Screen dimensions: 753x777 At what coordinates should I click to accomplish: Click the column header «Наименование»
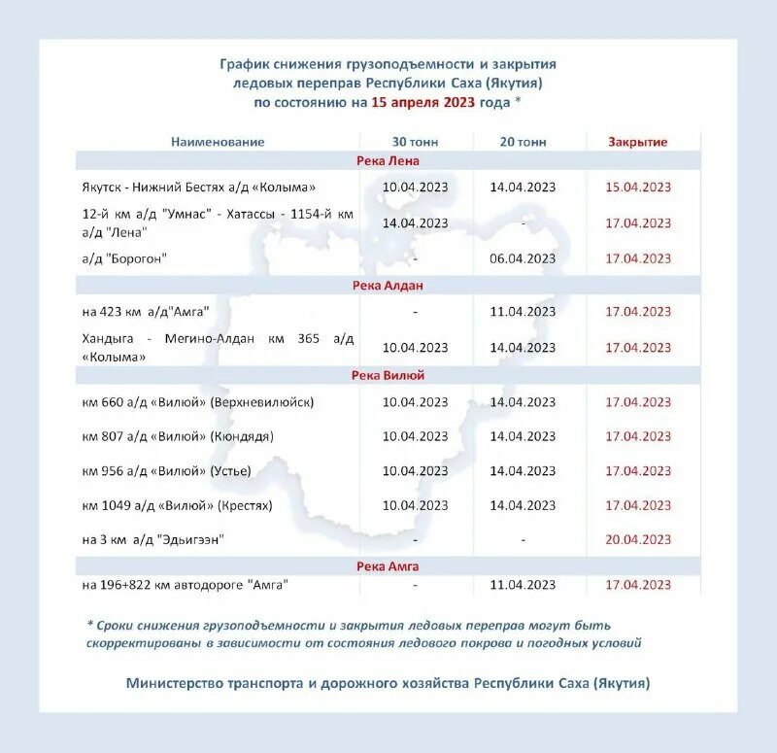click(x=218, y=142)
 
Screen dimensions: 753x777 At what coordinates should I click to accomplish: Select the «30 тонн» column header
click(x=415, y=142)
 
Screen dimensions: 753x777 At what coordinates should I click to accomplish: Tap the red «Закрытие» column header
click(x=638, y=142)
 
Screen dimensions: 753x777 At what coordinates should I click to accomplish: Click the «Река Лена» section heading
click(x=388, y=161)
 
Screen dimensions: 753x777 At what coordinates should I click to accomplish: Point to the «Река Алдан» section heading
click(x=388, y=286)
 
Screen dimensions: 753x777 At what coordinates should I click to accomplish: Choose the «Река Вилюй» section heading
click(x=388, y=375)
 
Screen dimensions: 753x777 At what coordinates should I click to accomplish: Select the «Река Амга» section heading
click(x=388, y=565)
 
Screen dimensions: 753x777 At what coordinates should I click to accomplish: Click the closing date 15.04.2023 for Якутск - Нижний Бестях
click(x=638, y=188)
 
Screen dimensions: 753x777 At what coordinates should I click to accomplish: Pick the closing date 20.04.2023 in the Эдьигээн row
click(x=638, y=540)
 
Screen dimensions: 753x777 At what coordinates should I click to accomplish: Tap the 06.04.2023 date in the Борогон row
click(x=524, y=258)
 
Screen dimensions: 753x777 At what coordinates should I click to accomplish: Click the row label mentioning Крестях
click(x=178, y=505)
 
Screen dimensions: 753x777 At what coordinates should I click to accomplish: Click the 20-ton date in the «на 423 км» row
click(x=524, y=312)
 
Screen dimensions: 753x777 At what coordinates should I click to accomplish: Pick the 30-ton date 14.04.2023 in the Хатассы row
click(x=415, y=222)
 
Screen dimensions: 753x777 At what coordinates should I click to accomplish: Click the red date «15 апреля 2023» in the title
click(x=423, y=101)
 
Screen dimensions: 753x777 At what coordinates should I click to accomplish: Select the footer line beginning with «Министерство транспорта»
click(x=388, y=683)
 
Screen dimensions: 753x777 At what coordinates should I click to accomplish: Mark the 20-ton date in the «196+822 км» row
click(x=524, y=585)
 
